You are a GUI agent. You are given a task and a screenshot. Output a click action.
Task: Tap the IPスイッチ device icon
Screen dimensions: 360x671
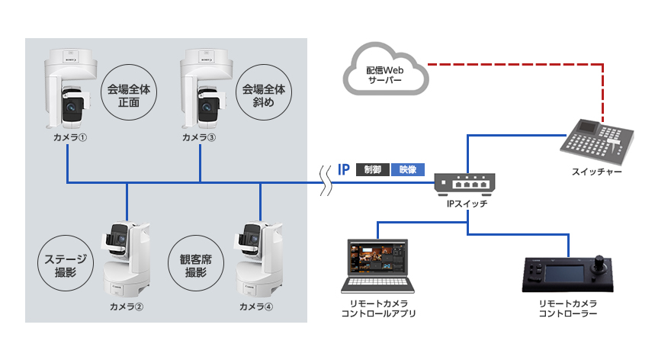pos(465,183)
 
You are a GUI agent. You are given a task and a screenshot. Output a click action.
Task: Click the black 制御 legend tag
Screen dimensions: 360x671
pos(372,169)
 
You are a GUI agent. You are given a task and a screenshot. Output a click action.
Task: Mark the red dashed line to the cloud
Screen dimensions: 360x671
pos(518,65)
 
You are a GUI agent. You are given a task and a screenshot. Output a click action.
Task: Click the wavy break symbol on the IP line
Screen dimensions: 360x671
pos(326,183)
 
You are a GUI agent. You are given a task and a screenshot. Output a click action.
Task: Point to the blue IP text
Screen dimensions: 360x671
pos(343,169)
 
